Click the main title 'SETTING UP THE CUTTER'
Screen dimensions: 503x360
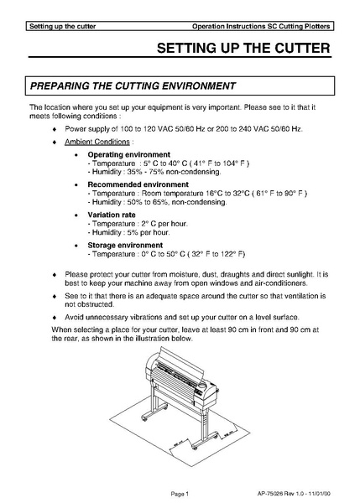pos(243,49)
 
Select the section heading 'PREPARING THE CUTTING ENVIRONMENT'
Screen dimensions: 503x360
pos(132,86)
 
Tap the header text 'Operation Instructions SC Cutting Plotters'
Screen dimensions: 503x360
pos(260,27)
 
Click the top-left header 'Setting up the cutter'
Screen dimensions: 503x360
pos(62,27)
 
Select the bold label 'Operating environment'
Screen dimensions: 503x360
pos(128,155)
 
